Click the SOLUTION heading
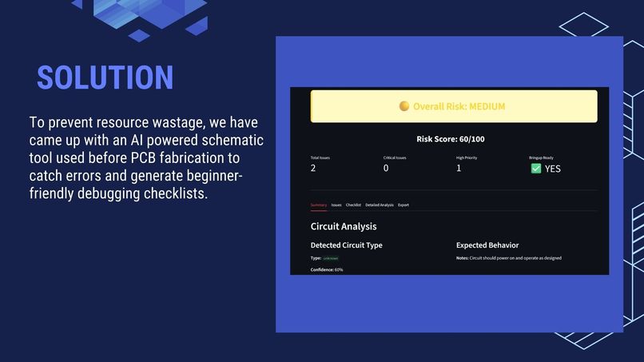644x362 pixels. click(x=105, y=78)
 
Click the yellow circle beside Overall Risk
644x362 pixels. click(x=404, y=106)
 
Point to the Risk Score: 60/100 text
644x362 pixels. click(x=451, y=139)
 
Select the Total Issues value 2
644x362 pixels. click(x=313, y=168)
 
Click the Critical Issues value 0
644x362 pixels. click(x=386, y=168)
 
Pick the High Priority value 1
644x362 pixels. click(x=459, y=168)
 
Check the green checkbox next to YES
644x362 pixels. click(x=535, y=169)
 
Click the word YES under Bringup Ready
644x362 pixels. click(x=553, y=169)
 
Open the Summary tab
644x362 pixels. click(x=318, y=205)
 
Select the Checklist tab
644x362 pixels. click(x=353, y=205)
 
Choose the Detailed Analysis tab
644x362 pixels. click(x=380, y=205)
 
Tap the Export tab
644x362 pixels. click(x=403, y=205)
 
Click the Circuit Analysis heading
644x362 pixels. click(x=344, y=226)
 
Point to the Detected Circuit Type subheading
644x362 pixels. click(x=346, y=245)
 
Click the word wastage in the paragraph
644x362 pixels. click(x=179, y=123)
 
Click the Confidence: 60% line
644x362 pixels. click(x=327, y=269)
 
